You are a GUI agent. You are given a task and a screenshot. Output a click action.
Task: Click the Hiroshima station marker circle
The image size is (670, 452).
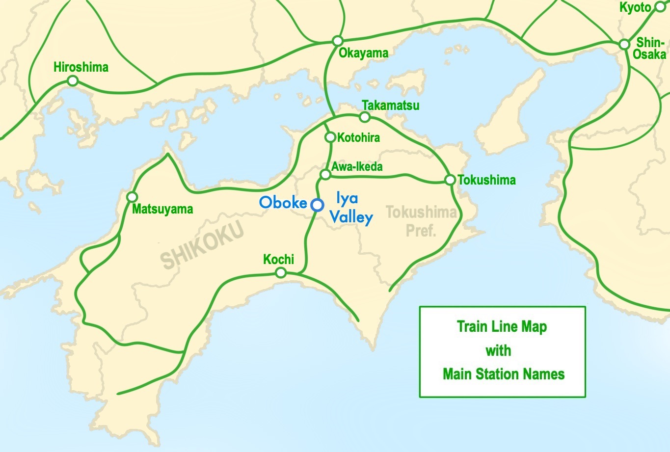pyautogui.click(x=73, y=81)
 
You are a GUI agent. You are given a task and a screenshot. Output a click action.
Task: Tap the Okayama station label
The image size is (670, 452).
pyautogui.click(x=363, y=53)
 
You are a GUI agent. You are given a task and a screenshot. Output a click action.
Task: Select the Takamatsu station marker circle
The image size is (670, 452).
pyautogui.click(x=364, y=117)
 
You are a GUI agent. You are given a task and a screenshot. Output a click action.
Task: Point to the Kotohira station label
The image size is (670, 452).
pyautogui.click(x=358, y=137)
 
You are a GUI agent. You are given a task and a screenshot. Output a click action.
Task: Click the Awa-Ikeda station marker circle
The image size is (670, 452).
pyautogui.click(x=325, y=174)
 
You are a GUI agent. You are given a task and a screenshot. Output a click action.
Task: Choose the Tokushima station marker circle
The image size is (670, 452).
pyautogui.click(x=450, y=180)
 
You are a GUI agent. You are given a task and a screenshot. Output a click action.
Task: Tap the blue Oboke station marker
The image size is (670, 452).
pyautogui.click(x=317, y=204)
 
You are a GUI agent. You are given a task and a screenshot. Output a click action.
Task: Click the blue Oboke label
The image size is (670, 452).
pyautogui.click(x=283, y=202)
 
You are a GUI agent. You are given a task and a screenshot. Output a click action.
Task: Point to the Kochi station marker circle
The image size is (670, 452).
pyautogui.click(x=280, y=272)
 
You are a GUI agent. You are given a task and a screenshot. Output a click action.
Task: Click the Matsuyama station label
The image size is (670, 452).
pyautogui.click(x=162, y=209)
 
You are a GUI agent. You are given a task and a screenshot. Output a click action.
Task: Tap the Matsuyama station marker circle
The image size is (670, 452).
pyautogui.click(x=132, y=197)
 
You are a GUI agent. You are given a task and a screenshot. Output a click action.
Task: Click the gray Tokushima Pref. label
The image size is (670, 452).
pyautogui.click(x=421, y=221)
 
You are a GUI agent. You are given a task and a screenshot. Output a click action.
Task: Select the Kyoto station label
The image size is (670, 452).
pyautogui.click(x=635, y=7)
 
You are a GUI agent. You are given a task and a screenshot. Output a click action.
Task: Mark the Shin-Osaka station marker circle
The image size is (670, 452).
pyautogui.click(x=624, y=44)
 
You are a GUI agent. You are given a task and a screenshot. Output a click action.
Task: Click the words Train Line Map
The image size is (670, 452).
pyautogui.click(x=502, y=326)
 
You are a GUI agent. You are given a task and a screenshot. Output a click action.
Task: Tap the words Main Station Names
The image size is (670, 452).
pyautogui.click(x=504, y=374)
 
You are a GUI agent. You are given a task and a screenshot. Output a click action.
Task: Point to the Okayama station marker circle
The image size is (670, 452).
pyautogui.click(x=337, y=40)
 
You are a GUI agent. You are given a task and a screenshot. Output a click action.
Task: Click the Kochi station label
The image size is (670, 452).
pyautogui.click(x=278, y=259)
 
